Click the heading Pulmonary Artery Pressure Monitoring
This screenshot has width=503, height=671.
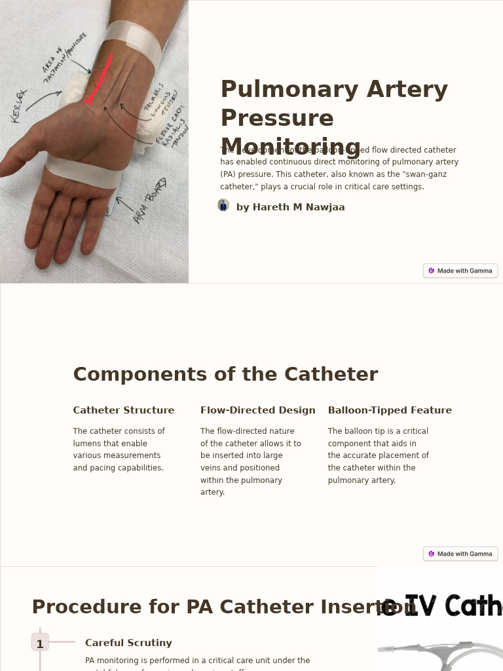click(334, 118)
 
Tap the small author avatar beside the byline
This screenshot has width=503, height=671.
click(223, 206)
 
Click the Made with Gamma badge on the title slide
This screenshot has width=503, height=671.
click(460, 271)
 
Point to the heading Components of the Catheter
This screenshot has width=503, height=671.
click(225, 374)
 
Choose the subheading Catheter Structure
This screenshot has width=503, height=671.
click(124, 410)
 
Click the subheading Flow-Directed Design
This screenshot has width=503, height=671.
click(257, 410)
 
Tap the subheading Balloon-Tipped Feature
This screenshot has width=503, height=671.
click(390, 410)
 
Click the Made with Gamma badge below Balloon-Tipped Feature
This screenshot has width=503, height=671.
click(460, 554)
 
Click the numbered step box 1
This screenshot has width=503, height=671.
click(40, 643)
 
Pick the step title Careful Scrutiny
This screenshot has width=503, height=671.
click(128, 643)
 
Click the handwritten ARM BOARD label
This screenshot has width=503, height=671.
click(149, 200)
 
